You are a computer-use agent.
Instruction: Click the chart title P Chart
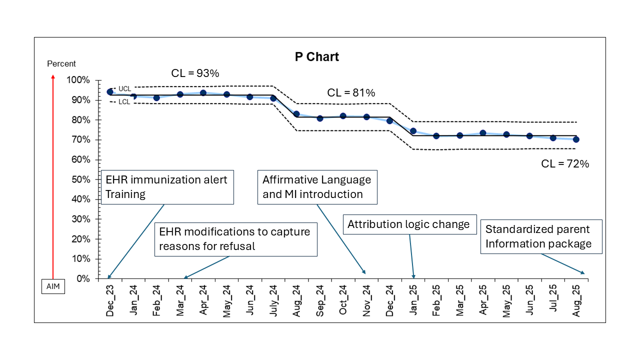coord(317,57)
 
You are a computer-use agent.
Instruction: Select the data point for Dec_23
coord(110,91)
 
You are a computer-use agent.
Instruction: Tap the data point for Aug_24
coord(296,114)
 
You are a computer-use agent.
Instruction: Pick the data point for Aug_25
coord(576,139)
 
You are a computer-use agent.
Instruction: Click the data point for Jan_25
coord(413,131)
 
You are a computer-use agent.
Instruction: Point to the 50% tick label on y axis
coord(81,179)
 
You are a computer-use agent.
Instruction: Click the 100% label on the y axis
coord(78,79)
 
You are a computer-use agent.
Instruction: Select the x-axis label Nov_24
coord(366,300)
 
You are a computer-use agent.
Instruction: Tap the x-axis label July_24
coord(273,300)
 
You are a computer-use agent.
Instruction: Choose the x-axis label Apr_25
coord(483,300)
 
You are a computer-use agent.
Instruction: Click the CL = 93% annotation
coord(195,73)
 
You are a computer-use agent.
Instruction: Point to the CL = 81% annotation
coord(351,92)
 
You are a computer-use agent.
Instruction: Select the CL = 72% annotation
coord(565,163)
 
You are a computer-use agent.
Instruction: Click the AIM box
coord(53,286)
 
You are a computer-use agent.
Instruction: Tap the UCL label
coord(124,89)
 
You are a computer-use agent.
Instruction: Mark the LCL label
coord(124,101)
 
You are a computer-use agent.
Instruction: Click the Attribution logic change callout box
coord(409,224)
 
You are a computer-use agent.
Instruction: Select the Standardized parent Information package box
coord(541,236)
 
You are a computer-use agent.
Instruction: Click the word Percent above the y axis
coord(61,63)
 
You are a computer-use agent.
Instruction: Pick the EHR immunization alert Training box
coord(167,187)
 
